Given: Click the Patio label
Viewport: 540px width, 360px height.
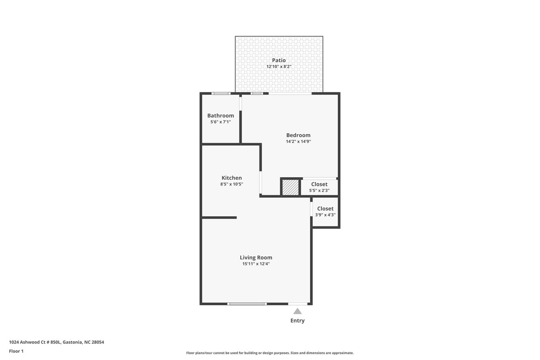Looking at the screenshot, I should (279, 61).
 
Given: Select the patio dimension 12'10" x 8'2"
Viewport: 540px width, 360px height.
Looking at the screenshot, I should (279, 67).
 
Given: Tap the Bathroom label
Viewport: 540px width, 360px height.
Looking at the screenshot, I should (220, 116).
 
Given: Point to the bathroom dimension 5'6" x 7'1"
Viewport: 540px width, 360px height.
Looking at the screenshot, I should (220, 122).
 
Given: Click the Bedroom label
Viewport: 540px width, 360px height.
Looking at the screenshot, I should (298, 135).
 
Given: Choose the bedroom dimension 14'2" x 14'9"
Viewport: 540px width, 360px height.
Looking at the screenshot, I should (298, 141).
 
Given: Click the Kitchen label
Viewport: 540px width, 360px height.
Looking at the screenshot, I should (232, 178).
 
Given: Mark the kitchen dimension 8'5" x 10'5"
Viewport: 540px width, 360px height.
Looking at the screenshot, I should (232, 184).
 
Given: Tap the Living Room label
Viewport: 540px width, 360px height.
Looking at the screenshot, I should (256, 258).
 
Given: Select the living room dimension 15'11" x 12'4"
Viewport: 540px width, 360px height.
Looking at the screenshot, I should (256, 264).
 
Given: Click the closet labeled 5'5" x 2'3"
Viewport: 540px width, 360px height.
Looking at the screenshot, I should (319, 187).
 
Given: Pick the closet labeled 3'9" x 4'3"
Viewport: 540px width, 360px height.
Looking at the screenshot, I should (325, 212).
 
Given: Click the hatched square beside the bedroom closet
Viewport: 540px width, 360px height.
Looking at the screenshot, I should (290, 188).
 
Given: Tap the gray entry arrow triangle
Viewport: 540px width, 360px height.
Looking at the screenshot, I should (297, 311).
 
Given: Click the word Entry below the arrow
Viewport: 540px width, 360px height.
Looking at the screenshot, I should (297, 321).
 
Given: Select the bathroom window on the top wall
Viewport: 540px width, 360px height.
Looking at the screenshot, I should (221, 93).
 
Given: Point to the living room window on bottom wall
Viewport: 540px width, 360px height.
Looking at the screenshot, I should (247, 304).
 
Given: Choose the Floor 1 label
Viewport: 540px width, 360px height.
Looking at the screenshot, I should (16, 351).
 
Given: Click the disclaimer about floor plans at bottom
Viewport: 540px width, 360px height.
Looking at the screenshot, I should (270, 353).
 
